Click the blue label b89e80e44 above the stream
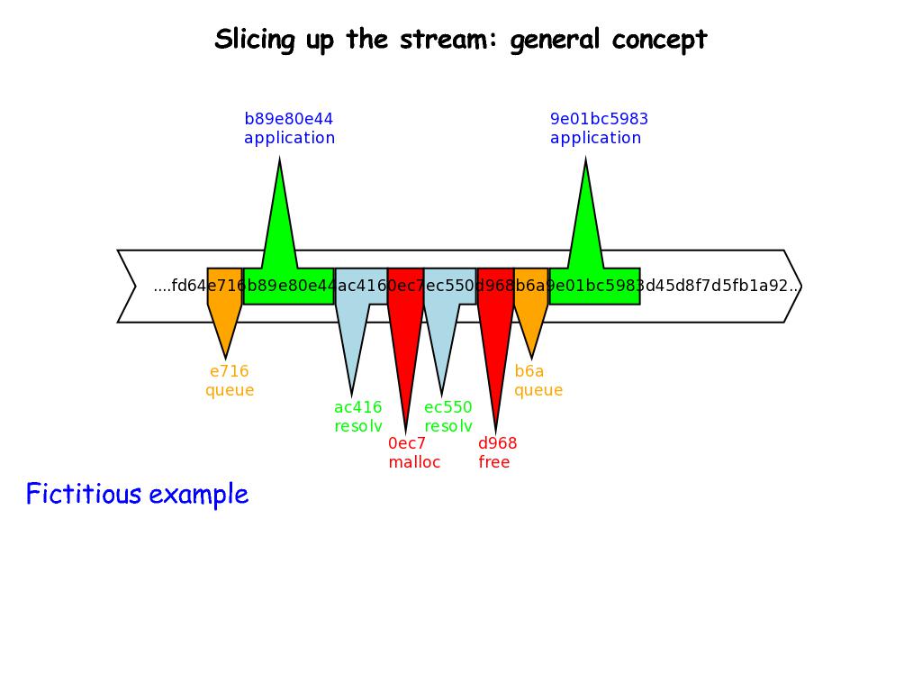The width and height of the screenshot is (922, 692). click(x=288, y=119)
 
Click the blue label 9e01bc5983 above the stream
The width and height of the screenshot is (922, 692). click(x=599, y=119)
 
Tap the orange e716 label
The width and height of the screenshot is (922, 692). click(x=229, y=371)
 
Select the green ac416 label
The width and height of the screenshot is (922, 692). click(x=357, y=407)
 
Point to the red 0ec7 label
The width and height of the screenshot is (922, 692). click(x=406, y=443)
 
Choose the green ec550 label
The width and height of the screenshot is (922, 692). click(x=447, y=407)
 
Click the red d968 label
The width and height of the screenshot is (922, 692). click(x=497, y=443)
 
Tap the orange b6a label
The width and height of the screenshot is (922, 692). click(x=529, y=371)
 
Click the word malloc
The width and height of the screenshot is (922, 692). click(x=414, y=462)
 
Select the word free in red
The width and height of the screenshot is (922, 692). click(x=493, y=462)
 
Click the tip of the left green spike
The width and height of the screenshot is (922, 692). click(x=280, y=162)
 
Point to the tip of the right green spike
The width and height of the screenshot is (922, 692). click(x=586, y=162)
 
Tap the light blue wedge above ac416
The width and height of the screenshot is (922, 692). click(x=353, y=324)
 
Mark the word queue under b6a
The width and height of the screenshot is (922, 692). click(x=538, y=390)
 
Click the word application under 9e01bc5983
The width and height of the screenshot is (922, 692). click(x=595, y=138)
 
